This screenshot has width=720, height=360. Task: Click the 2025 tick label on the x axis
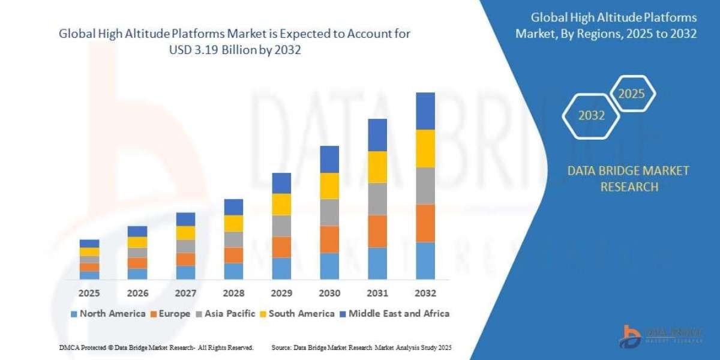pos(89,293)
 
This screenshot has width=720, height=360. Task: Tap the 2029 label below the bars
pos(281,293)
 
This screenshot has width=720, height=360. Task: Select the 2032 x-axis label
pos(425,293)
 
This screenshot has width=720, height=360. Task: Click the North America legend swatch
pos(74,314)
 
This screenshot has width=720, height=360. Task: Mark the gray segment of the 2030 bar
pos(329,212)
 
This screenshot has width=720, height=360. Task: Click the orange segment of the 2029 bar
pos(281,247)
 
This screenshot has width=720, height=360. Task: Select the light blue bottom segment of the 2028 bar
pos(233,271)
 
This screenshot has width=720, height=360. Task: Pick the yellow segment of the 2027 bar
pos(185,233)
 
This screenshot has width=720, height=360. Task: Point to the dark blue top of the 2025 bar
pos(89,244)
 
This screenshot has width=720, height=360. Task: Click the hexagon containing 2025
pos(631,94)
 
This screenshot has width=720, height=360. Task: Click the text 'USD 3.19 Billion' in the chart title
pos(217,50)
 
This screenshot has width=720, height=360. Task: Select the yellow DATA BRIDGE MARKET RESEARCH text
pos(628,179)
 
